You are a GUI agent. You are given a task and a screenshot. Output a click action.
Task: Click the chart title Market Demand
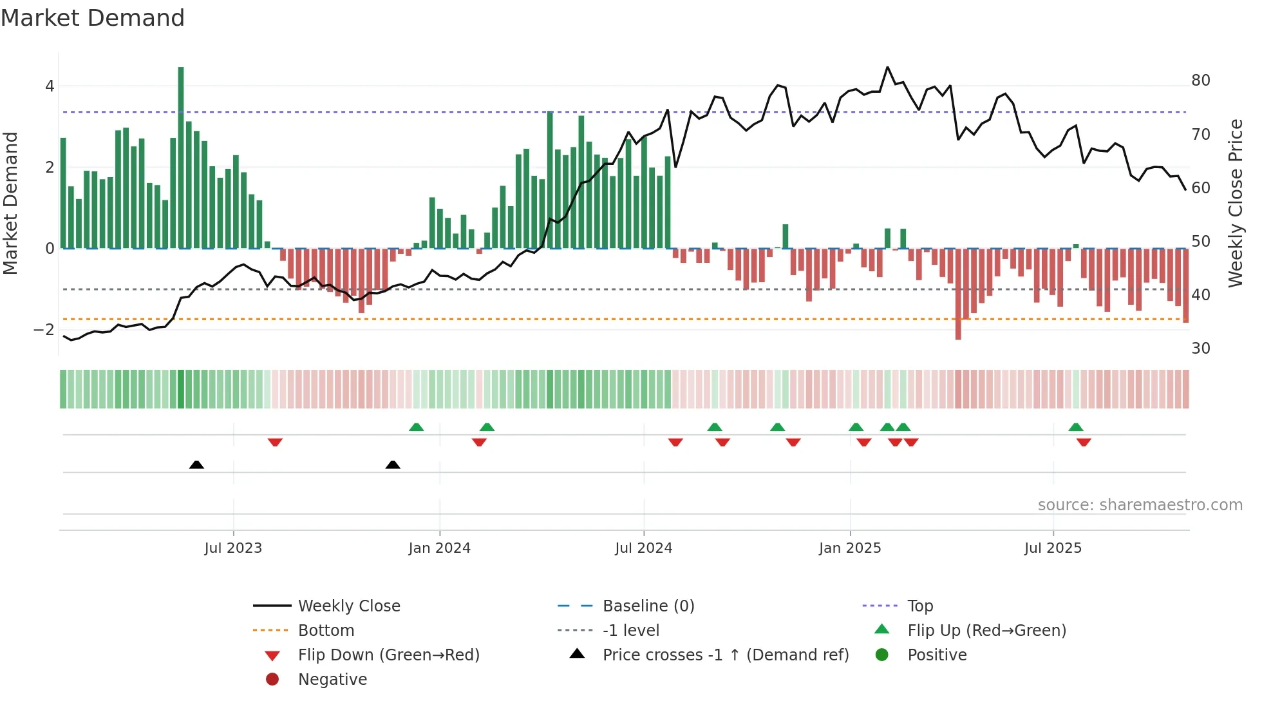click(93, 18)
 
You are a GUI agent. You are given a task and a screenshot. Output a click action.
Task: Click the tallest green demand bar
click(181, 157)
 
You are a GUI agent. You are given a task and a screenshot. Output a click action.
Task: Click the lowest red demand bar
click(958, 294)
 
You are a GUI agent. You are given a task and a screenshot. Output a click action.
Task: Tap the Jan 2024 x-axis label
click(439, 548)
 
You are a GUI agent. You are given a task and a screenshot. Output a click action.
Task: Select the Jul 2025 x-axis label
click(1053, 548)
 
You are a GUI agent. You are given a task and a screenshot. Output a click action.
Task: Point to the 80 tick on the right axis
click(1200, 81)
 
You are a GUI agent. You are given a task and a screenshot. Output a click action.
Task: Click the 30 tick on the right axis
click(1200, 349)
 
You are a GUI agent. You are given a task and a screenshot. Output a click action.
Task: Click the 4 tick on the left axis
click(50, 86)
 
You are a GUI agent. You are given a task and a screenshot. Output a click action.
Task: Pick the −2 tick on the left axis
click(44, 329)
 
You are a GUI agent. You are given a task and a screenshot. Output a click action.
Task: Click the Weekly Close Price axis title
click(1235, 203)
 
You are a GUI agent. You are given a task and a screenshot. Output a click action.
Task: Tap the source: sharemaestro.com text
click(1140, 504)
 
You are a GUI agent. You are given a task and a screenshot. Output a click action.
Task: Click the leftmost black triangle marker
click(196, 465)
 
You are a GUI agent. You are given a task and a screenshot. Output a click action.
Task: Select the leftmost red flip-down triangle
click(275, 442)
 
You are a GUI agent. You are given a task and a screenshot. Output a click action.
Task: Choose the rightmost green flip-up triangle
click(1075, 427)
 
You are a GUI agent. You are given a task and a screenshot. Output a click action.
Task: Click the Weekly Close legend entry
click(348, 606)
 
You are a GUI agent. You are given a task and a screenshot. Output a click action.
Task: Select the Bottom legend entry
click(326, 630)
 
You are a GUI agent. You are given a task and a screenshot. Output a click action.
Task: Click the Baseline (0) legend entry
click(648, 606)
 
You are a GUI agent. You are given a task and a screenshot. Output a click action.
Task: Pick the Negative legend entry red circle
click(272, 679)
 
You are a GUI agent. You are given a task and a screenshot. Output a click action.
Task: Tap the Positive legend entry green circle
click(882, 655)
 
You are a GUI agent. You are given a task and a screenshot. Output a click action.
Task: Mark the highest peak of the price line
click(887, 67)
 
